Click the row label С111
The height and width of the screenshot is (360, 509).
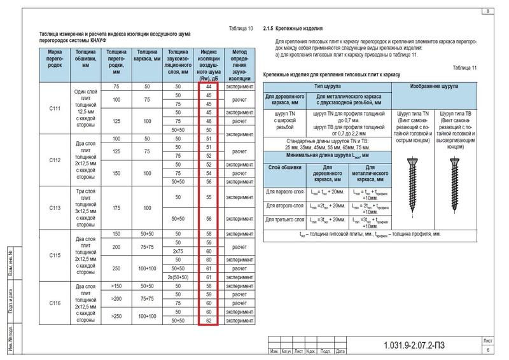pyautogui.click(x=55, y=108)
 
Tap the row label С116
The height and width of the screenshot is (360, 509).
pyautogui.click(x=55, y=303)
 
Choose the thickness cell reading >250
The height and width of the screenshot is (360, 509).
pyautogui.click(x=116, y=317)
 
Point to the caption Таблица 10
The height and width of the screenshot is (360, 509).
pyautogui.click(x=241, y=29)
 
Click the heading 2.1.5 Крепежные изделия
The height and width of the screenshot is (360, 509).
pyautogui.click(x=294, y=29)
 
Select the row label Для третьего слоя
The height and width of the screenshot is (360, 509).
pyautogui.click(x=283, y=220)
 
